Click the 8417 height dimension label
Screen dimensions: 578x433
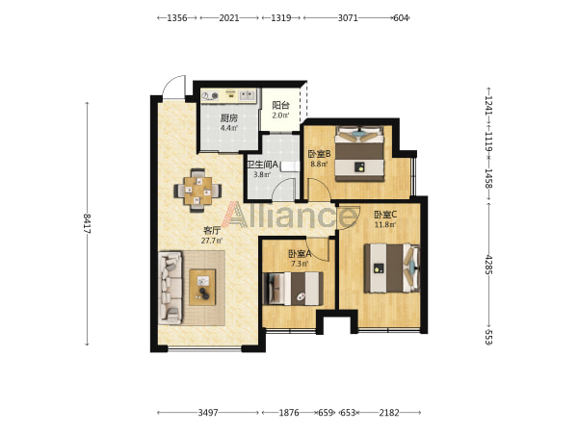coord(87,223)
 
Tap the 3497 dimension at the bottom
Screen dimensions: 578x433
coord(208,413)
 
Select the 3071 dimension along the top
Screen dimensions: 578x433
coord(348,17)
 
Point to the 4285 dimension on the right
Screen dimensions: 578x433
coord(488,265)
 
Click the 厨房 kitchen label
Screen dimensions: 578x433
coord(229,118)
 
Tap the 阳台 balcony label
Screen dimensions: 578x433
coord(280,105)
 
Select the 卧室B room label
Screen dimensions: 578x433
coord(319,154)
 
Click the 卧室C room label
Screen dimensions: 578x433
coord(385,215)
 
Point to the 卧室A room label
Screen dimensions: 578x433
coord(300,254)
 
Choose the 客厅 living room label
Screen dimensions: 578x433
coord(212,231)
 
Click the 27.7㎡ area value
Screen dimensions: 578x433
coord(212,241)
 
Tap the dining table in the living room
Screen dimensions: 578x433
coord(197,191)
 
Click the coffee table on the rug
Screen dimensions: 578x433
coord(202,287)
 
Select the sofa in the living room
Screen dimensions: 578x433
coord(171,288)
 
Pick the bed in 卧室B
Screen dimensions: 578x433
coord(359,154)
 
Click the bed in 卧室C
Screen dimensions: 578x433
coord(392,268)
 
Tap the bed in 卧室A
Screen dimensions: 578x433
coord(293,289)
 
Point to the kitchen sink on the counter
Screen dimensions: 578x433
coord(247,95)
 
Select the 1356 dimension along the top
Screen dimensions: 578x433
coord(177,17)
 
